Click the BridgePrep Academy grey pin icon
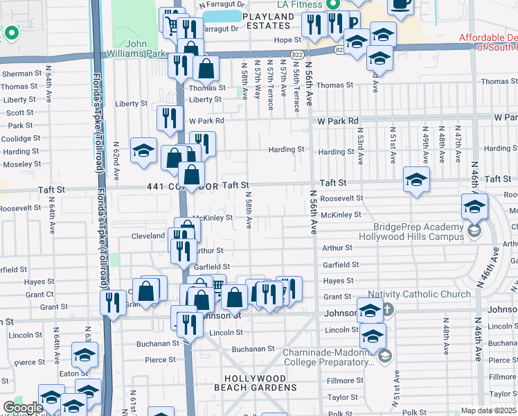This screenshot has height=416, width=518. tap(474, 232)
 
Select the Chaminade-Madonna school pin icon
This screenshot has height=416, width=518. tap(385, 356)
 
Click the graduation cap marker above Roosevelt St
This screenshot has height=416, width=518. tap(417, 180)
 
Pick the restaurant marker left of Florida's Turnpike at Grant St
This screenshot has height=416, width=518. tap(113, 302)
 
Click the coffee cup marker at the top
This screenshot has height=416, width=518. tap(400, 4)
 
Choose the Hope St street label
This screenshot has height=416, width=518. tap(283, 40)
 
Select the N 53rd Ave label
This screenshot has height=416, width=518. tap(360, 146)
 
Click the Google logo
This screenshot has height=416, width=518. tap(24, 408)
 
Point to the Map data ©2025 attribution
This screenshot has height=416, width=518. tap(488, 410)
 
